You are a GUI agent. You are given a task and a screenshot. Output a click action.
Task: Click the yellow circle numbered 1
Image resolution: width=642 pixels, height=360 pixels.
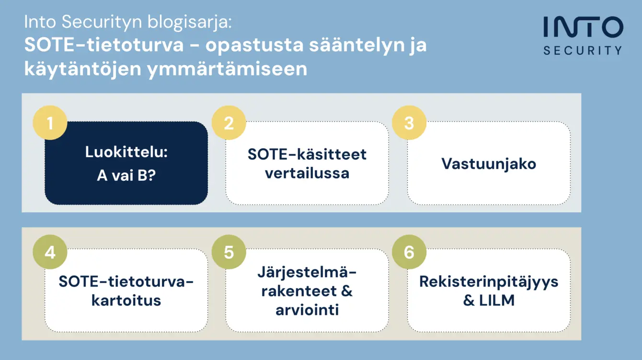[50, 123]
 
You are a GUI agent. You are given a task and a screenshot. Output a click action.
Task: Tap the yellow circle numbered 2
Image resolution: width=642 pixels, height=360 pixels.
[229, 123]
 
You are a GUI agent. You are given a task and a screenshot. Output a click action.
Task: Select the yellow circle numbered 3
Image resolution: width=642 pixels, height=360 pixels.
[409, 123]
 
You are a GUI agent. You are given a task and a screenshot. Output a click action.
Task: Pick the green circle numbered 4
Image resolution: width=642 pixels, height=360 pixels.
[50, 252]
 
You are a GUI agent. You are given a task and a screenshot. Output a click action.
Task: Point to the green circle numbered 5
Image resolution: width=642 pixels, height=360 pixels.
[229, 252]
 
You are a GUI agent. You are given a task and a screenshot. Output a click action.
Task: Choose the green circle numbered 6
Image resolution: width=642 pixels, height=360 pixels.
[409, 252]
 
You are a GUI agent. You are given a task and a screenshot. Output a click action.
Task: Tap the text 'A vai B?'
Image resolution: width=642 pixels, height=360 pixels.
[126, 175]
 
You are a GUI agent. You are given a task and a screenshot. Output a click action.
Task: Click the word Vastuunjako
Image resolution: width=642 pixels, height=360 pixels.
[489, 164]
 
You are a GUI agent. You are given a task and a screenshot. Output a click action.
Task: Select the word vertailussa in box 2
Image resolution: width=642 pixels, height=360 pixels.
[307, 173]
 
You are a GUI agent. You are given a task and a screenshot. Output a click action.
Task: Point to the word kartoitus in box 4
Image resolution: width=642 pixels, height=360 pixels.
[126, 301]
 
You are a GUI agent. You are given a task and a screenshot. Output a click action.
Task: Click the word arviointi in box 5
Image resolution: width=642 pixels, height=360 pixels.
[307, 310]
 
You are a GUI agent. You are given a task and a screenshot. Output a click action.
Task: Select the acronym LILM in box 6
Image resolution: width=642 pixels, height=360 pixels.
[497, 301]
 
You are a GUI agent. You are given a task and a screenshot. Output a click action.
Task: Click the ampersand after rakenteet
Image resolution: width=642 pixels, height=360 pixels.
[347, 291]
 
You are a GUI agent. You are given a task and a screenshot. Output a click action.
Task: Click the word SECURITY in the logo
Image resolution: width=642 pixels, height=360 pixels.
[583, 50]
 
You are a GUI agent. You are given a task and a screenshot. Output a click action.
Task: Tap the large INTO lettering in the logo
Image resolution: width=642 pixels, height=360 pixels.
[584, 27]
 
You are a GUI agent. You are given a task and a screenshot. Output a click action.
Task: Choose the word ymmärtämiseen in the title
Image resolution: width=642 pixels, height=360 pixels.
[227, 70]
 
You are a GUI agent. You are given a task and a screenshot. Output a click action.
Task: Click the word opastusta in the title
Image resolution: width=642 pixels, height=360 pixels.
[254, 46]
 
